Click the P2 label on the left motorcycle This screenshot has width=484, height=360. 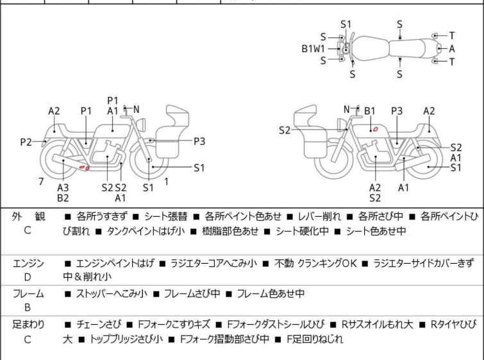[26, 142]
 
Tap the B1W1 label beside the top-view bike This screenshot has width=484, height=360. [314, 48]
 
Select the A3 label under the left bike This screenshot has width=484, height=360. [63, 187]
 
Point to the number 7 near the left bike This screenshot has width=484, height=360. [41, 182]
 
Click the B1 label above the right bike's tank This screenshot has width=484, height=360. [370, 111]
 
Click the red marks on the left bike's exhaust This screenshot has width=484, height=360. [83, 168]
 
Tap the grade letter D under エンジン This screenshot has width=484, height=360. [28, 277]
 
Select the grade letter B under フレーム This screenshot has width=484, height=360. [28, 307]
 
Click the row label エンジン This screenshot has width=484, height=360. [28, 263]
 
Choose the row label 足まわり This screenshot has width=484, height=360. [28, 325]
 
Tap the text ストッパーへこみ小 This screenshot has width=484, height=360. [112, 294]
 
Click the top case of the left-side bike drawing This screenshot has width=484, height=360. [178, 117]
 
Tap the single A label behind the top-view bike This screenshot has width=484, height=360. [452, 48]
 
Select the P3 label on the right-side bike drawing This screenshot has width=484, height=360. [397, 111]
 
